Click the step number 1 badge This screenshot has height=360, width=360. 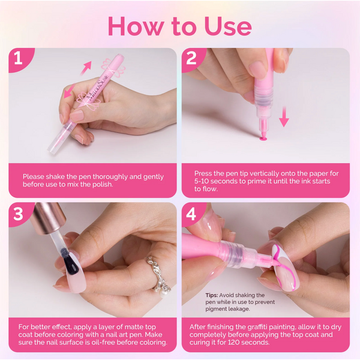click(x=18, y=59)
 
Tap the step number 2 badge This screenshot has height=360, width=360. click(x=192, y=59)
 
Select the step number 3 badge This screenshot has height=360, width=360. click(x=18, y=214)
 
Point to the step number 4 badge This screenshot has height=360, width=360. click(x=192, y=214)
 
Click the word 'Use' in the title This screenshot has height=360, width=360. click(x=227, y=26)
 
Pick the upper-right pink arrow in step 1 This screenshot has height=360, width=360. click(x=87, y=65)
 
